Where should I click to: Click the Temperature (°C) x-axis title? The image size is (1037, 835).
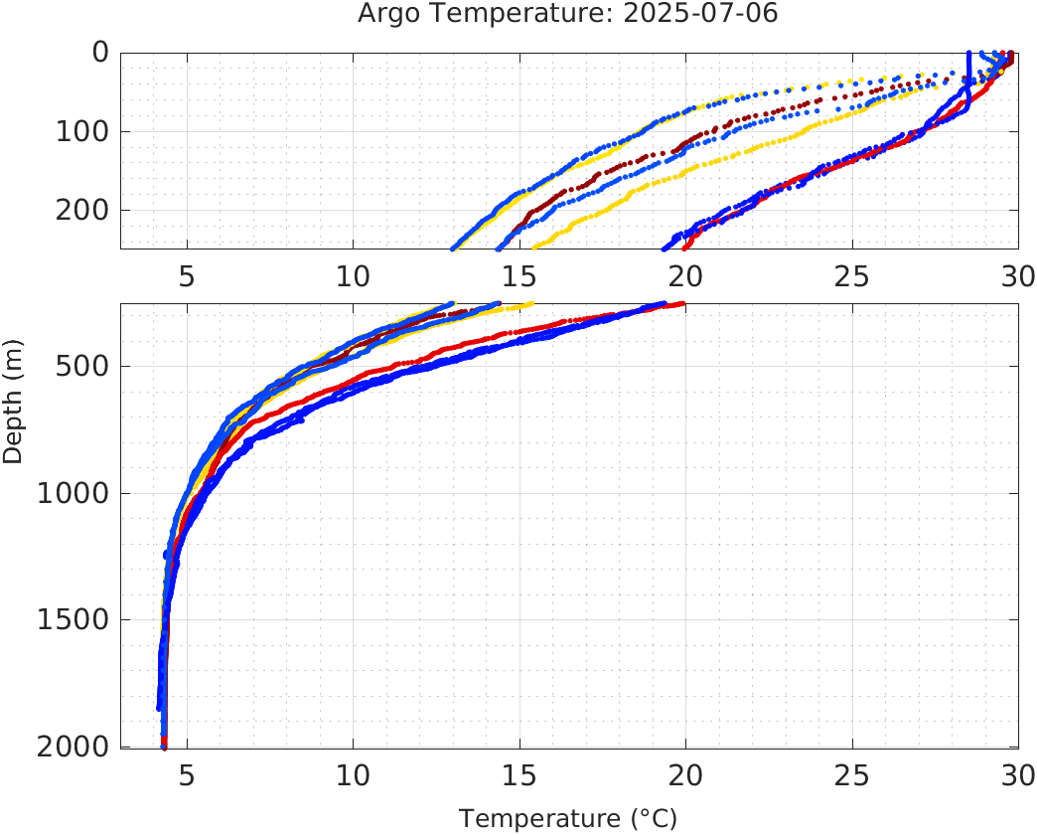coord(567,818)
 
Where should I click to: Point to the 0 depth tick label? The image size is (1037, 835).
coord(100,53)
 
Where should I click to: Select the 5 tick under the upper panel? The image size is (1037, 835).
coord(187,275)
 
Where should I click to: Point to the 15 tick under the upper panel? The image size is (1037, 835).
coord(518,275)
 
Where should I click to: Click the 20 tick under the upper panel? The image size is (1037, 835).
coord(685,275)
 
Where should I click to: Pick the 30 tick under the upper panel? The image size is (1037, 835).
coord(1015,275)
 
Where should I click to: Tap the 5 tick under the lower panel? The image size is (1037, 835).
coord(187,774)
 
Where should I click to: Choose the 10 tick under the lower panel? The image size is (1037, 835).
coord(353,774)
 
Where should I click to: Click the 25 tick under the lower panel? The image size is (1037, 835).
coord(851,774)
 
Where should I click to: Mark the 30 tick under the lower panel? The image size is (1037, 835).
coord(1015,774)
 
